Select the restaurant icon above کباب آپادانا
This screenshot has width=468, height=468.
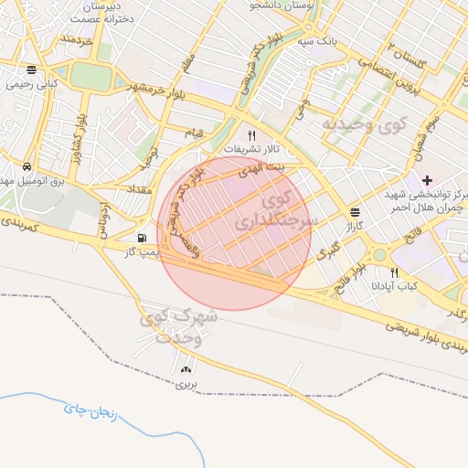coord(395,271)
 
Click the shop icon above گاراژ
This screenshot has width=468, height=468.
coord(354,211)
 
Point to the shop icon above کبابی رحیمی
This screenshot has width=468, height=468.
coord(32,69)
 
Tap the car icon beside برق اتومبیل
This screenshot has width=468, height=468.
coord(28,167)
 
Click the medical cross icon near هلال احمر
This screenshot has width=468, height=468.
coord(427,179)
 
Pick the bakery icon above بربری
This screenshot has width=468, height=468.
coord(187,369)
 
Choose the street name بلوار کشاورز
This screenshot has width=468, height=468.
coord(80,133)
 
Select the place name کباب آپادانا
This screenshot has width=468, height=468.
coord(394,285)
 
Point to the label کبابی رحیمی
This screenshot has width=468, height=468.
coord(32,83)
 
